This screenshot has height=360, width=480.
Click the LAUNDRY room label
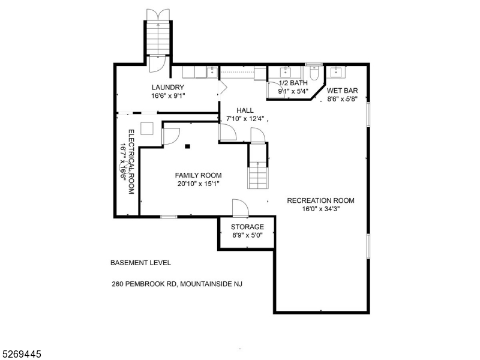[x=167, y=87]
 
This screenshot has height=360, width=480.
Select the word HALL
[x=245, y=110]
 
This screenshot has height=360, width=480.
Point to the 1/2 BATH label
[x=293, y=83]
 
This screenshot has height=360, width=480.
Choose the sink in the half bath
[x=283, y=72]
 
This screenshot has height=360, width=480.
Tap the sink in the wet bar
[x=336, y=72]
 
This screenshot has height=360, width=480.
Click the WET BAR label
[x=342, y=91]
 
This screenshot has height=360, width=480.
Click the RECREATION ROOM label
[x=320, y=200]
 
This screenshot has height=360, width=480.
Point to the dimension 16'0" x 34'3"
[x=320, y=209]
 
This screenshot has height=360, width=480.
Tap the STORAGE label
[x=247, y=227]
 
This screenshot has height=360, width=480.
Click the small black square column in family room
[x=188, y=145]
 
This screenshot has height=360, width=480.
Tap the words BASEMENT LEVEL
[x=140, y=263]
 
